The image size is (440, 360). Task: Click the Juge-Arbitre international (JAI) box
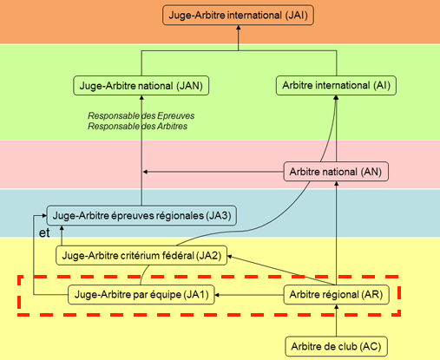[x=238, y=15]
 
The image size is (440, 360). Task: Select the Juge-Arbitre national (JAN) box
[x=141, y=86]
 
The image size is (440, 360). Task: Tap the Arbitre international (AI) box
[x=336, y=85]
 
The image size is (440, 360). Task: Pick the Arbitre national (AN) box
[x=336, y=172]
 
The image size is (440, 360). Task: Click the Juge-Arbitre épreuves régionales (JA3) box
[x=141, y=215]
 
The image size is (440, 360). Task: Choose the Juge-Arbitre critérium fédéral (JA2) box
[x=141, y=255]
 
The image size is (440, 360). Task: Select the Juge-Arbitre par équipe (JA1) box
[x=141, y=295]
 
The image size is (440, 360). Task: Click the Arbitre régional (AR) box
[x=336, y=295]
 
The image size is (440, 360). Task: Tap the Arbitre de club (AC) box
[x=336, y=346]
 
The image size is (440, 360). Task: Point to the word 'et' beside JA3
[x=44, y=233]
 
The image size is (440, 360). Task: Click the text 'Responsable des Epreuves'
[x=141, y=115]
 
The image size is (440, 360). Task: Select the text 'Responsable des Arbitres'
[x=138, y=126]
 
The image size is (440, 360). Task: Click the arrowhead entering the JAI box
[x=239, y=27]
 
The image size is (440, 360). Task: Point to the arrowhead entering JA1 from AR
[x=217, y=295]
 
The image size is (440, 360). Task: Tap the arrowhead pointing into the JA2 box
[x=230, y=256]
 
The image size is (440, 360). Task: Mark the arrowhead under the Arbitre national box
[x=336, y=184]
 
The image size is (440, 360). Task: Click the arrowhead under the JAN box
[x=141, y=98]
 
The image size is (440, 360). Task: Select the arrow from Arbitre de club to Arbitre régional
[x=336, y=320]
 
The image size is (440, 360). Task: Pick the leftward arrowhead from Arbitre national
[x=146, y=172]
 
